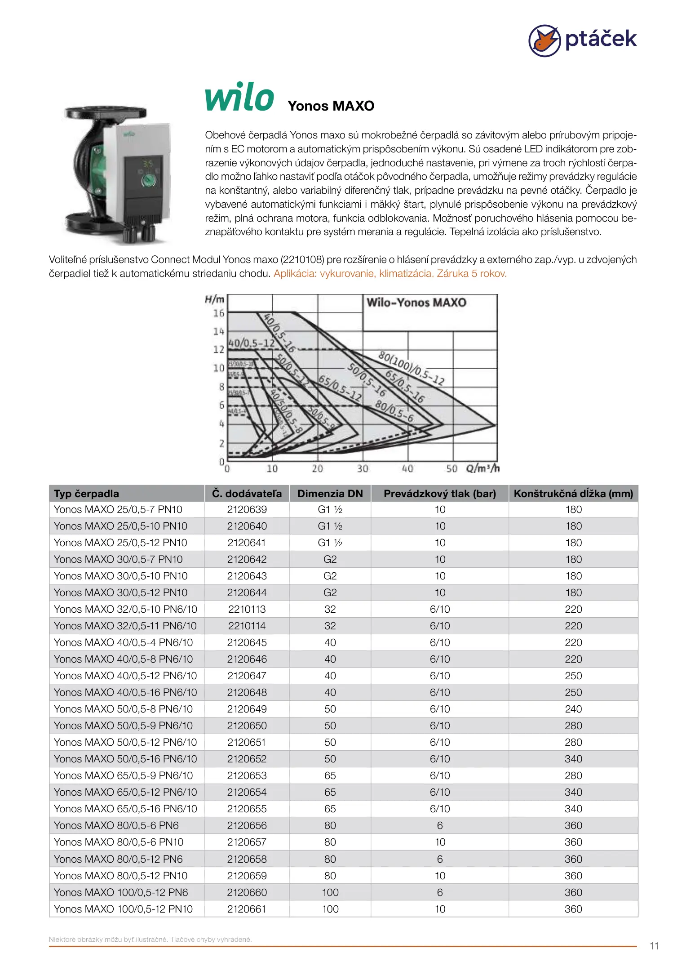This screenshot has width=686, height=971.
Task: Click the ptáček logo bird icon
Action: [x=544, y=40]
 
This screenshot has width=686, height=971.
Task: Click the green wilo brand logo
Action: [x=239, y=97]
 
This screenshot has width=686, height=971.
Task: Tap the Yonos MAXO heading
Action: [x=331, y=106]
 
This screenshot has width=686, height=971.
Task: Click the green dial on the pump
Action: [x=149, y=181]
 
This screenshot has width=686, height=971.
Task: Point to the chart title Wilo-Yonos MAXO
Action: [x=416, y=303]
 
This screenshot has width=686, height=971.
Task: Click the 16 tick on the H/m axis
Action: [x=218, y=313]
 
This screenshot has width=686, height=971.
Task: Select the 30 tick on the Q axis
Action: [x=362, y=468]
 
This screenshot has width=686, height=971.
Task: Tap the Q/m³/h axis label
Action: [x=482, y=468]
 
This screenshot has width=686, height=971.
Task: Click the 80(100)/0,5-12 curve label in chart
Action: [x=411, y=369]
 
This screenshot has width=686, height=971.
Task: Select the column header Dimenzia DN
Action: [x=330, y=494]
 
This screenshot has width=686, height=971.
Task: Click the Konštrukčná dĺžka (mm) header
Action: [x=573, y=494]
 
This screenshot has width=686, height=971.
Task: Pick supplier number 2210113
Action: [x=247, y=609]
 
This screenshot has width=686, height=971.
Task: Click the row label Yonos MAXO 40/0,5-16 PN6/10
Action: [x=125, y=692]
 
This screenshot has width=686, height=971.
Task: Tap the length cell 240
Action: [x=573, y=709]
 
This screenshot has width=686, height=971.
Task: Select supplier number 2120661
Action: [x=247, y=909]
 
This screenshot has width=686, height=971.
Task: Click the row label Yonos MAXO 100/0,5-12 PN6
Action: [x=121, y=892]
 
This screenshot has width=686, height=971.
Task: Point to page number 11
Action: [x=654, y=946]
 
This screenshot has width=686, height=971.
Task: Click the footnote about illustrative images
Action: [x=150, y=939]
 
